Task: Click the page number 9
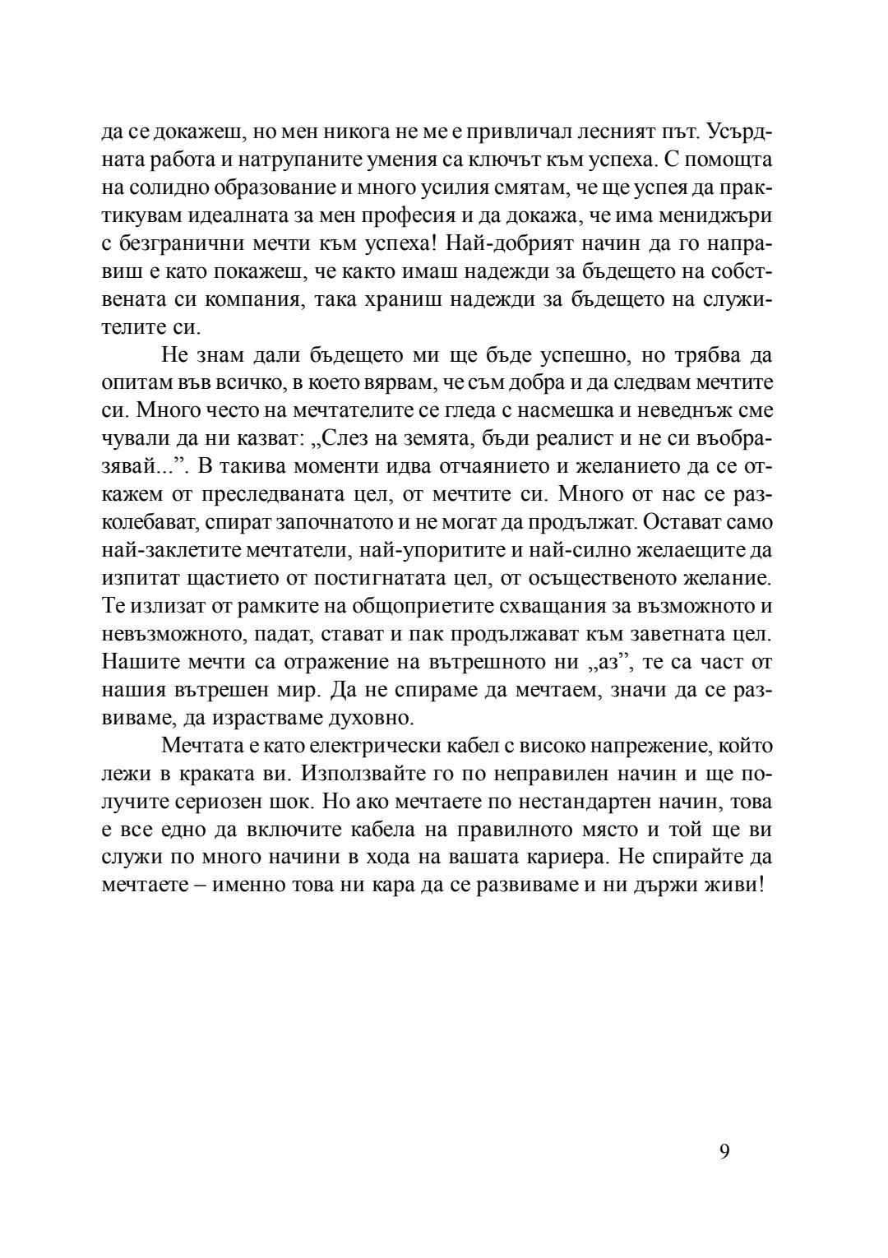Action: tap(724, 1150)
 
